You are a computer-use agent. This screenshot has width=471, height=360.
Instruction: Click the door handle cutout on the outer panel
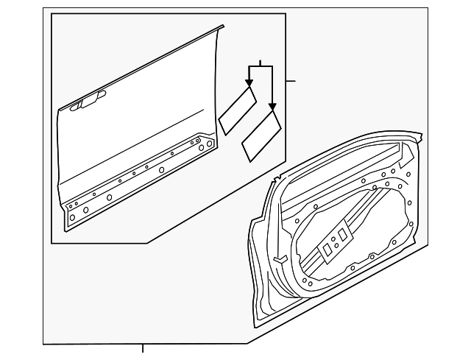[x=91, y=102]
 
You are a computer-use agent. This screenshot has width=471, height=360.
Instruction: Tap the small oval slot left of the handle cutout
[x=74, y=107]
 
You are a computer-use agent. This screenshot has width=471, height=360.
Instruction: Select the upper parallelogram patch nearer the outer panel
[x=237, y=110]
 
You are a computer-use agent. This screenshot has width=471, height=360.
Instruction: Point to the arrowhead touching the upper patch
[x=250, y=83]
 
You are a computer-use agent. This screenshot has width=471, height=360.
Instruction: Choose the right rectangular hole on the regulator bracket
[x=342, y=234]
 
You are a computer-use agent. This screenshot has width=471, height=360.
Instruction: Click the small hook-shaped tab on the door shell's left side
[x=280, y=258]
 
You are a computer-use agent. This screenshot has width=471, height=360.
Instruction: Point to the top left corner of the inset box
[x=51, y=13]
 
